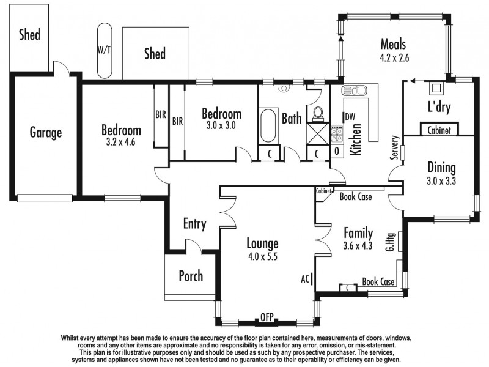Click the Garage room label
coord(46,132)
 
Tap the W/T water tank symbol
coord(105,51)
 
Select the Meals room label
coord(394,44)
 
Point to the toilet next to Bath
coord(318,113)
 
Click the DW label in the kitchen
coord(350,117)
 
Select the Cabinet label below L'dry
coord(439,130)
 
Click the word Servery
coord(396,148)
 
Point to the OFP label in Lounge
coord(267,317)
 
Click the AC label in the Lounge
coord(306,278)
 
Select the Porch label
coord(190,276)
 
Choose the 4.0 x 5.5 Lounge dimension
coord(263,256)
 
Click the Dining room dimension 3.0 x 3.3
coord(442,181)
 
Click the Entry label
coord(194,224)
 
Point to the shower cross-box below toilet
coord(317,132)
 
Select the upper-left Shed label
coord(29,34)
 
